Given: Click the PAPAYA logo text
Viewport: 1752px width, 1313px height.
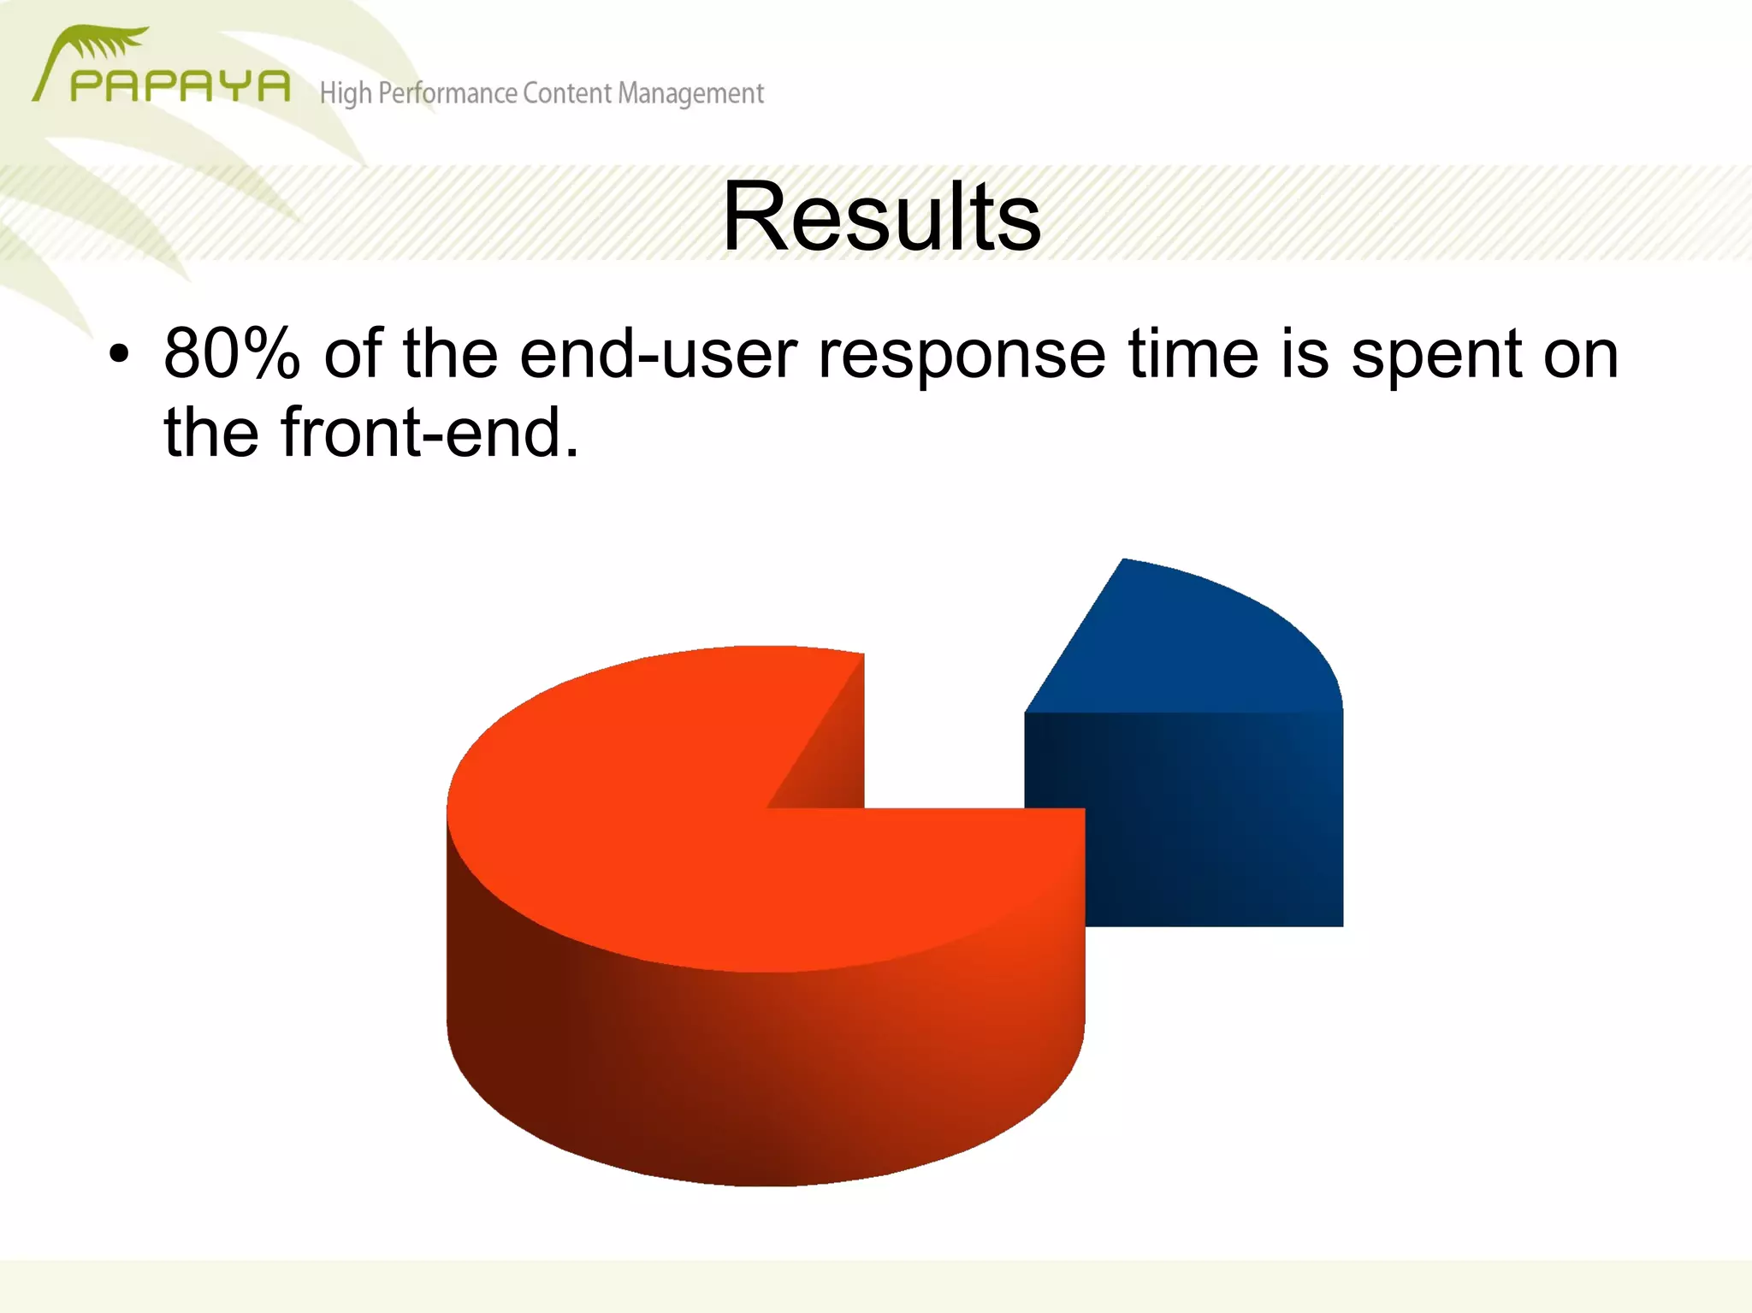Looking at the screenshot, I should pyautogui.click(x=180, y=86).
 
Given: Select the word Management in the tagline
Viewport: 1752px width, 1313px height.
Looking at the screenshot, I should pyautogui.click(x=690, y=93).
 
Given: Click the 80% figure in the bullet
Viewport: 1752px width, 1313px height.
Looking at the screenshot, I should pyautogui.click(x=231, y=353).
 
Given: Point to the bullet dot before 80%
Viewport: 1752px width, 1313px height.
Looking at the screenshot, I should pyautogui.click(x=119, y=354).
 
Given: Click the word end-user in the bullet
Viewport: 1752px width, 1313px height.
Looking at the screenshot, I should pyautogui.click(x=658, y=353).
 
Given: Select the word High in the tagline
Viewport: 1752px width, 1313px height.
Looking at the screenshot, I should pyautogui.click(x=346, y=93).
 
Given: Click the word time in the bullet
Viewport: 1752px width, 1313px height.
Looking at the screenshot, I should pyautogui.click(x=1193, y=353).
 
